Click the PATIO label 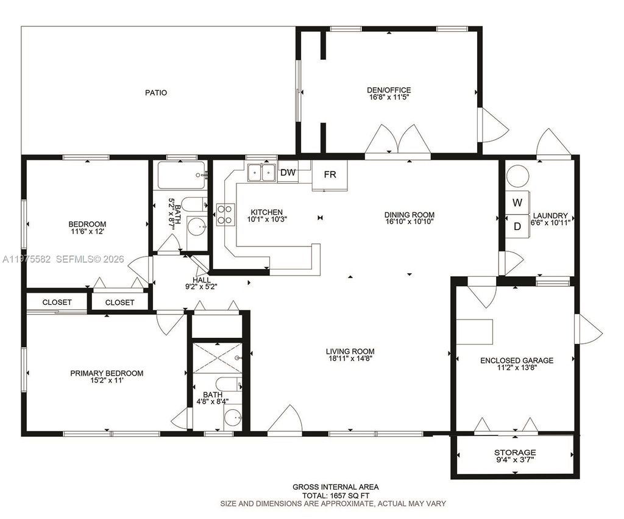156,93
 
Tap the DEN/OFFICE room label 389,90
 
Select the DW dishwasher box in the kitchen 288,173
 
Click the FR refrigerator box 330,175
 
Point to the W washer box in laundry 517,202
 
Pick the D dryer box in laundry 517,226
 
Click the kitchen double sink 262,173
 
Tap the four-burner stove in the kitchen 224,214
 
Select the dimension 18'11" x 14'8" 350,359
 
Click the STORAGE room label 515,453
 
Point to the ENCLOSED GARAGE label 517,360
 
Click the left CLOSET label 57,302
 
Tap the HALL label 202,280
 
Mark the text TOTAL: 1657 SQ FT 335,495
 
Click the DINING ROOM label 409,215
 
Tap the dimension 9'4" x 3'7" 515,460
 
